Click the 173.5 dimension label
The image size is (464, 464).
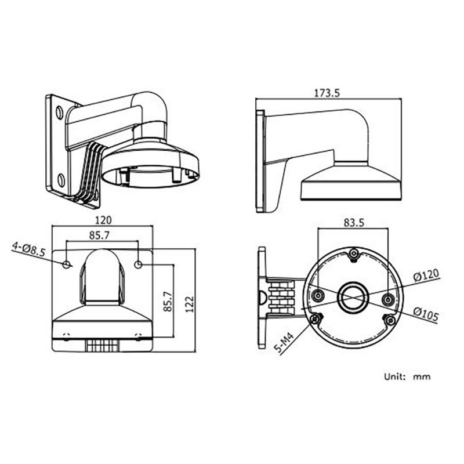[327, 93]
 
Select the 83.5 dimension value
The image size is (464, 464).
[354, 223]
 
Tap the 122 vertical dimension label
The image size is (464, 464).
[190, 303]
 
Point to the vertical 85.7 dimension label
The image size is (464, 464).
[168, 301]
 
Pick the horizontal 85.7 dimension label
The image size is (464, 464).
[99, 235]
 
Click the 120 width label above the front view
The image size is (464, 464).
[103, 220]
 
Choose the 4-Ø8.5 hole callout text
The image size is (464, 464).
[28, 249]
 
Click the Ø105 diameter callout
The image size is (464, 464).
[426, 314]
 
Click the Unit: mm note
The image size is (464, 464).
[407, 376]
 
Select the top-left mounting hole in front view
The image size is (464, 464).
[67, 264]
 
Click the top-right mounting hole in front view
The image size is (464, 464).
[138, 264]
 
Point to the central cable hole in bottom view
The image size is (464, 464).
[354, 298]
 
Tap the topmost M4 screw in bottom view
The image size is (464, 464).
[354, 254]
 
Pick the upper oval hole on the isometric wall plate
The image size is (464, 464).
[59, 113]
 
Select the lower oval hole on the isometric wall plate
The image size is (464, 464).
[61, 180]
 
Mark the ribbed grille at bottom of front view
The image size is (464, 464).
[103, 345]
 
